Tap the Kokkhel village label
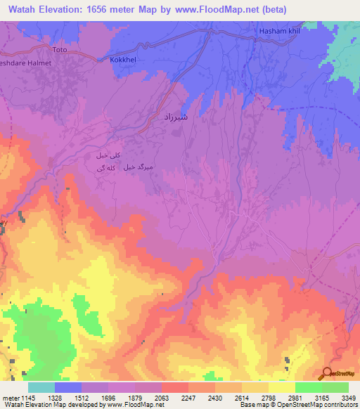click(x=124, y=61)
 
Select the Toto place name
click(x=61, y=51)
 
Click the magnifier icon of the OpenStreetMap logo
click(x=326, y=374)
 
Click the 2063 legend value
click(x=162, y=397)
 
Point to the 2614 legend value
click(x=242, y=397)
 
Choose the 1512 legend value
click(x=82, y=397)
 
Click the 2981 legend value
click(x=295, y=397)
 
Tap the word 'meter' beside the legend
click(x=10, y=397)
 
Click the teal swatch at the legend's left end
click(x=41, y=387)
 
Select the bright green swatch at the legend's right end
click(x=335, y=387)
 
